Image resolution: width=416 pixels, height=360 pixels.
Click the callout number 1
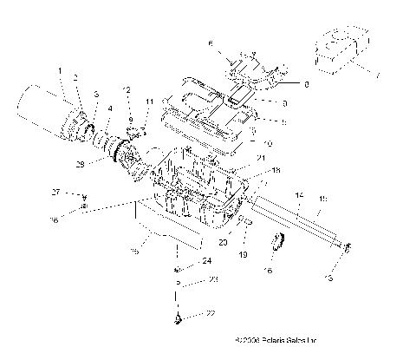(x=60, y=70)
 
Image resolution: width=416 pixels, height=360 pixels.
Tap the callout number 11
(x=148, y=101)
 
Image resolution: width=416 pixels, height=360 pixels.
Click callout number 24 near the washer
(x=206, y=260)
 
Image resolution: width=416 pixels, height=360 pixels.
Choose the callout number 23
(x=213, y=280)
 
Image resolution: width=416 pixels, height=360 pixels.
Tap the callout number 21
(x=261, y=159)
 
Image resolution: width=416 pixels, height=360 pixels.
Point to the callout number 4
(x=108, y=109)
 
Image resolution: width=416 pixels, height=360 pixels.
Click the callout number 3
(x=95, y=94)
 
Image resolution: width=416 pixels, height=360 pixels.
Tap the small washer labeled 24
(x=178, y=260)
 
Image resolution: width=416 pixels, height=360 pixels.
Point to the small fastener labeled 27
(x=83, y=196)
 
